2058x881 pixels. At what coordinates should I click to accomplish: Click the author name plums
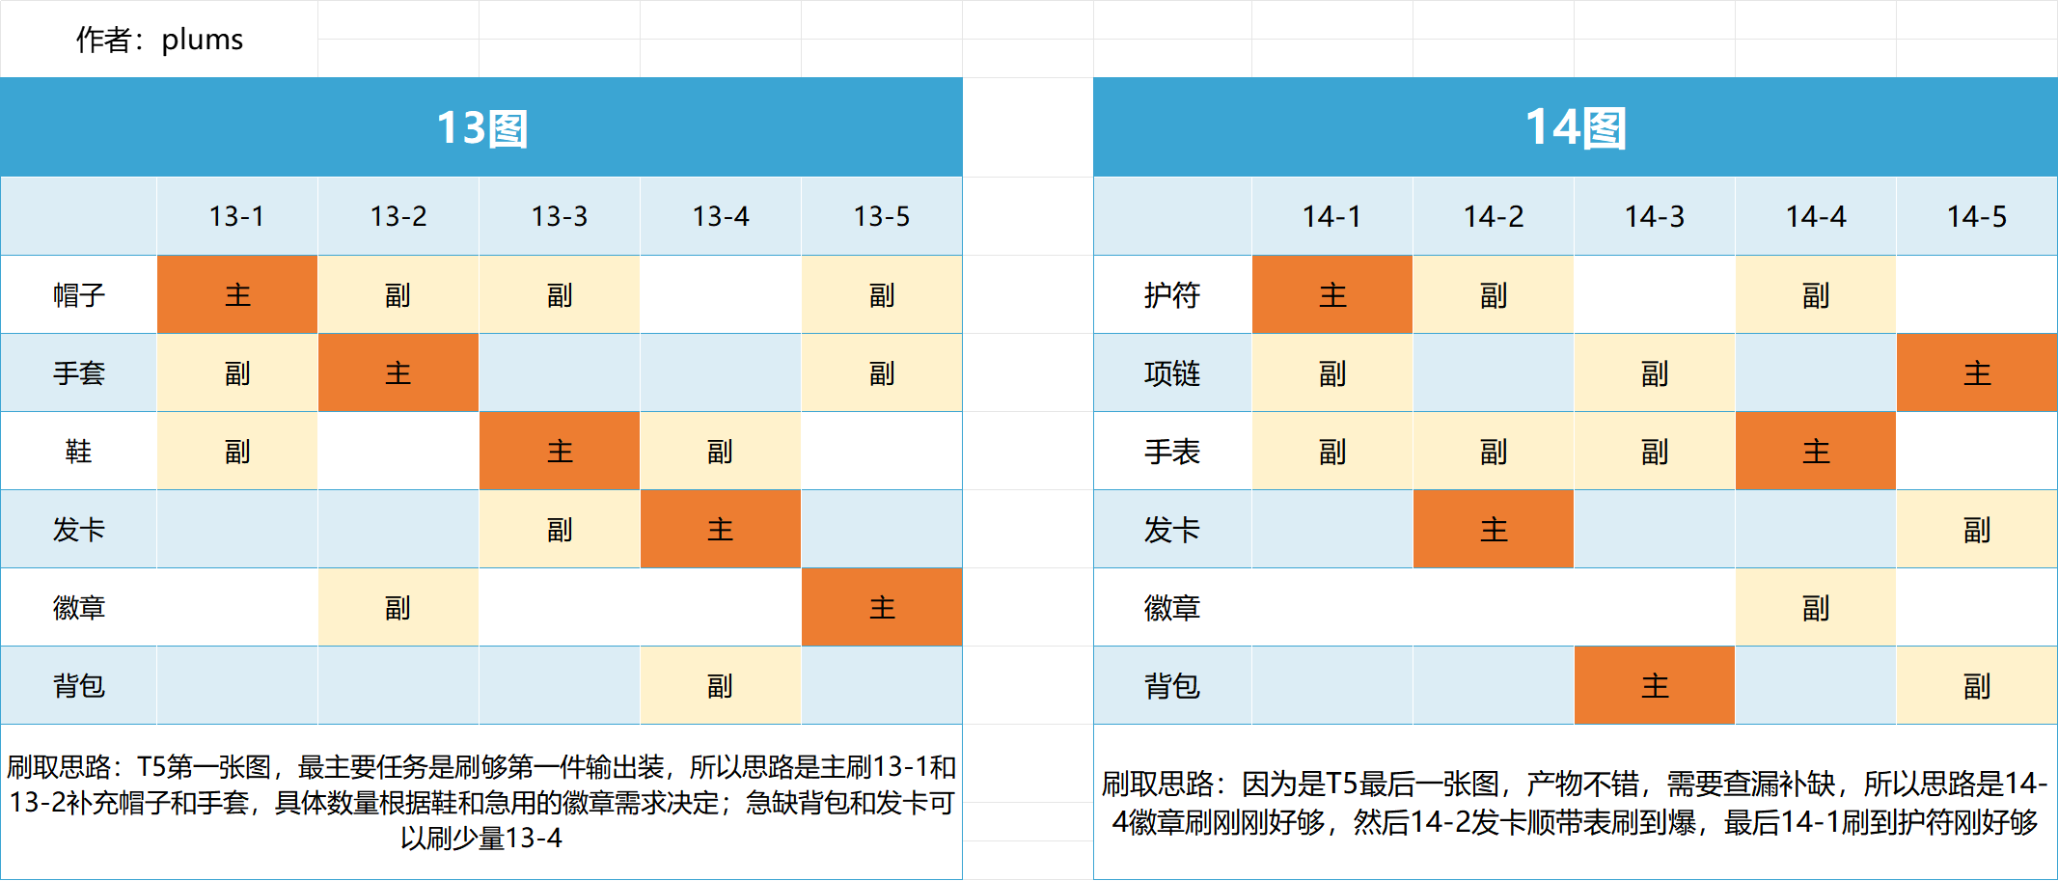[x=202, y=40]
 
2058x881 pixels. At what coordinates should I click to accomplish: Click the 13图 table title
[x=481, y=127]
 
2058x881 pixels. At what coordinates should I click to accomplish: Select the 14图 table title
[x=1575, y=127]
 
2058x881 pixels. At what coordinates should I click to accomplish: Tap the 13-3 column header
[x=560, y=216]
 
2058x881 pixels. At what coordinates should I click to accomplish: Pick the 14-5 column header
[x=1976, y=216]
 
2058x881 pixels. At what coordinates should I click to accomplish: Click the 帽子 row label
[x=78, y=294]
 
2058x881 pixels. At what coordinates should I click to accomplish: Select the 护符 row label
[x=1171, y=294]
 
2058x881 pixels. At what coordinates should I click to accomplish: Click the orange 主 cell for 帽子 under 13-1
[x=237, y=294]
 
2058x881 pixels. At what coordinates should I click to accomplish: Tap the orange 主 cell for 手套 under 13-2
[x=398, y=372]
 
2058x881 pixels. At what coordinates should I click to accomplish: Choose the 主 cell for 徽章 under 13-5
[x=882, y=607]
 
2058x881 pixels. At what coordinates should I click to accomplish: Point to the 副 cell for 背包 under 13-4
[x=720, y=685]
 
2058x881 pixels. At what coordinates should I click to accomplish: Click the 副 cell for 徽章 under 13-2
[x=398, y=607]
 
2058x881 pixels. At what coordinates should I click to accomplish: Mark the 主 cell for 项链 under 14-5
[x=1976, y=372]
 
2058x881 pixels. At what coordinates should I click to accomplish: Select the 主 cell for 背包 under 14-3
[x=1655, y=685]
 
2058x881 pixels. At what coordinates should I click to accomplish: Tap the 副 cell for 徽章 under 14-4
[x=1815, y=607]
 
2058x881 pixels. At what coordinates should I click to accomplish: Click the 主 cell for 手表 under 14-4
[x=1815, y=451]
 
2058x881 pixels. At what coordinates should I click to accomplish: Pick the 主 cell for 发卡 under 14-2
[x=1493, y=529]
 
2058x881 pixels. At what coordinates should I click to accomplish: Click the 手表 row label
[x=1171, y=451]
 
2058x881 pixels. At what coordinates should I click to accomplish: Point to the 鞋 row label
[x=78, y=451]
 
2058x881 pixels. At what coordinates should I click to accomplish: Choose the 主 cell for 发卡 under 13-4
[x=720, y=529]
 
